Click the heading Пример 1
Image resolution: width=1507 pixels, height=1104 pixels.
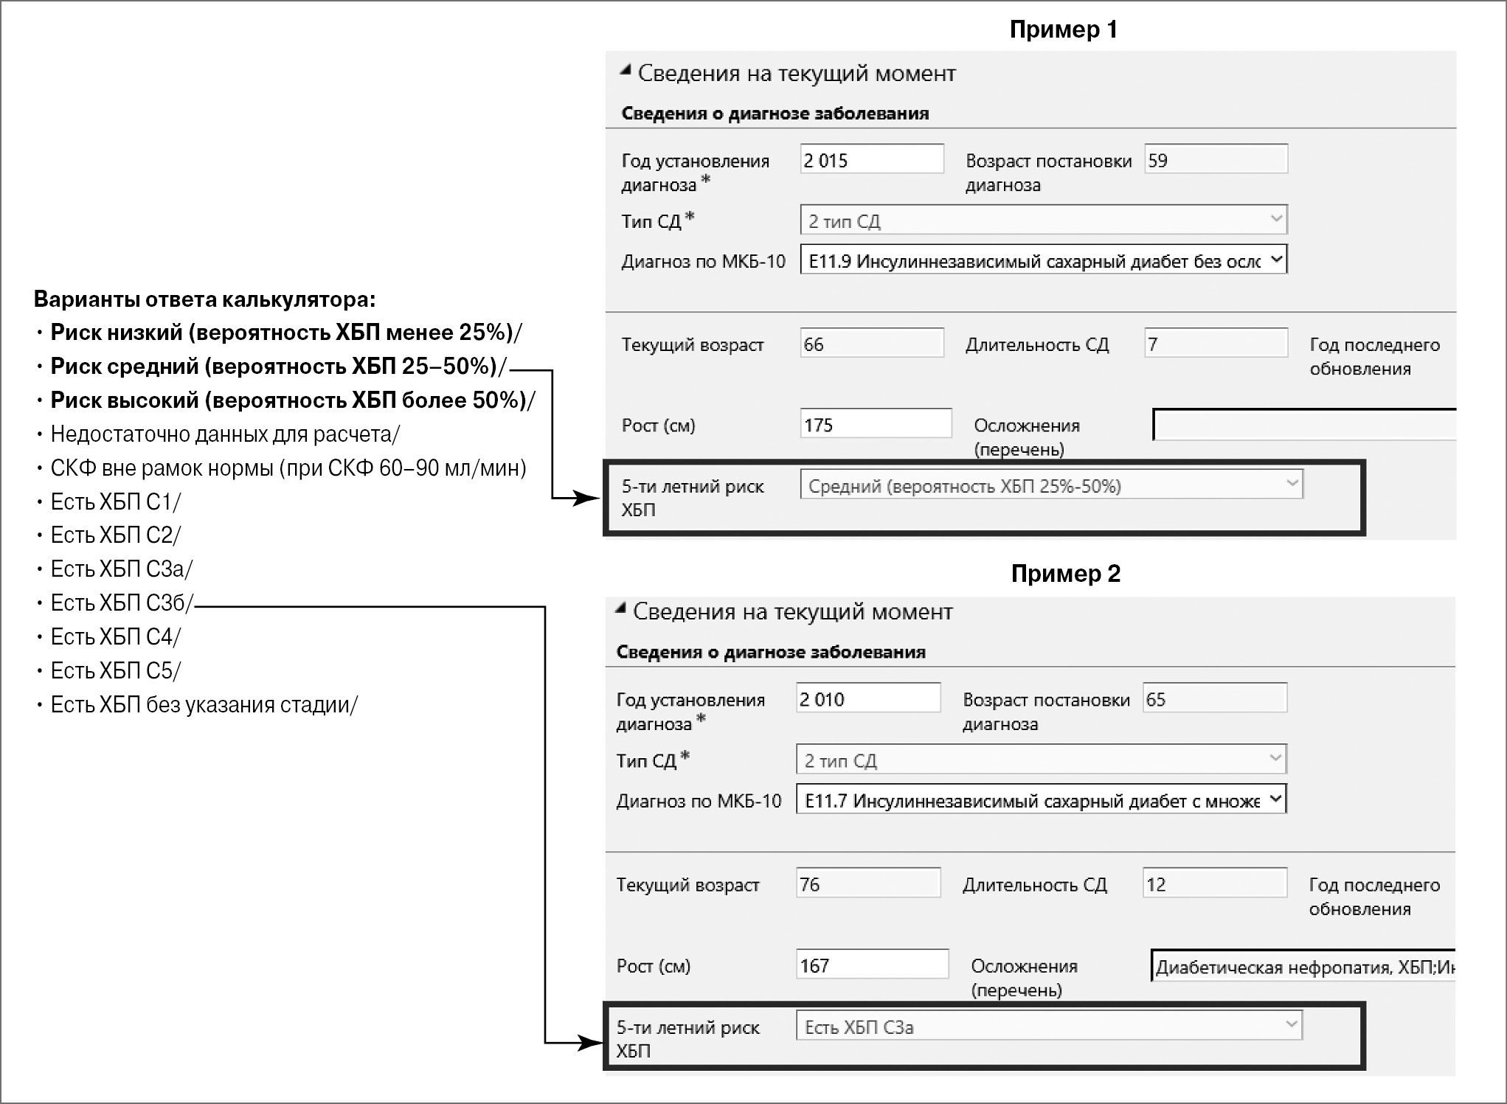(x=1063, y=29)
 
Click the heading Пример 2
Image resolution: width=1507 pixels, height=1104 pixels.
(x=1065, y=573)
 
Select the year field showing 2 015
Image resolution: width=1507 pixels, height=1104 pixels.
(x=871, y=159)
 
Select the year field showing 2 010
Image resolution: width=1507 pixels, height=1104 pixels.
(x=867, y=698)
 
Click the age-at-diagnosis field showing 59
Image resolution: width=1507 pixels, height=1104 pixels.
(x=1215, y=159)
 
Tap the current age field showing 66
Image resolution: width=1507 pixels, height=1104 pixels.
(x=871, y=344)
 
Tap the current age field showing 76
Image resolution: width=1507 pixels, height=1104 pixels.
(x=867, y=883)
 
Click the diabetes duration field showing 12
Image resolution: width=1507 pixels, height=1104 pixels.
(x=1214, y=883)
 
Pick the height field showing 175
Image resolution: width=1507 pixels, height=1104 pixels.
(x=876, y=424)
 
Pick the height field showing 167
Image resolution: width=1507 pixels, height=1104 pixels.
(x=872, y=965)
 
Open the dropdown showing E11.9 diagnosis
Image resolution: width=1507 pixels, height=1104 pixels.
(x=1043, y=260)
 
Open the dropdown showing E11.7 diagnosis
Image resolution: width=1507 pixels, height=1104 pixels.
(x=1040, y=800)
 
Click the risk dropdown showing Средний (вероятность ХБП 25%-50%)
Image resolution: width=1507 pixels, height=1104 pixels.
(x=1050, y=485)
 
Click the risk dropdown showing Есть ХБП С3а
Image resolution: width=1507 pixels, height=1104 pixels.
(x=1048, y=1027)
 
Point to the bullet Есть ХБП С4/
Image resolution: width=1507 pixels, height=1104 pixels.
(x=115, y=636)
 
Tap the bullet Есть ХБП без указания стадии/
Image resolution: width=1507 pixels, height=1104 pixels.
(x=204, y=704)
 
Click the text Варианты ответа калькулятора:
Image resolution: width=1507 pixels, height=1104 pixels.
(x=204, y=299)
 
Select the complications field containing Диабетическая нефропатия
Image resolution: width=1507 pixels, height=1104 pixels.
(x=1303, y=967)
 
